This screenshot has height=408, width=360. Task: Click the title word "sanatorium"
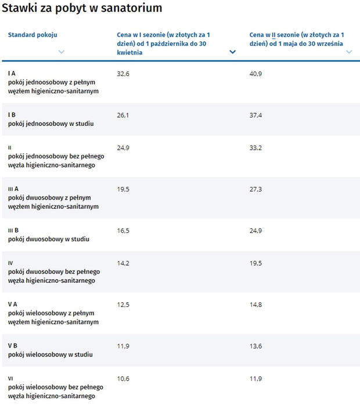pos(131,8)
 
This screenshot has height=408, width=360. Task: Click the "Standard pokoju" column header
pos(33,35)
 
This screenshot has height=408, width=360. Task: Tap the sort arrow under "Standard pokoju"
pos(62,52)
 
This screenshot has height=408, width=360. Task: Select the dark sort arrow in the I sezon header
pos(233,52)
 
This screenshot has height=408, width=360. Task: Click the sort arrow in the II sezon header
pos(349,52)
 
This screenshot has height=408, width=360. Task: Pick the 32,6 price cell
pos(123,74)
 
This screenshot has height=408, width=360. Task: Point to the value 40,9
pos(255,74)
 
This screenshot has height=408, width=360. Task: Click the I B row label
pos(12,115)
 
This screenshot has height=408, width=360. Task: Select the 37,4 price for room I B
pos(255,115)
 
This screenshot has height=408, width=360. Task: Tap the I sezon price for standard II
pos(123,148)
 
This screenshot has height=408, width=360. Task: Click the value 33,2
pos(255,148)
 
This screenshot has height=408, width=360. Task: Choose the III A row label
pos(13,189)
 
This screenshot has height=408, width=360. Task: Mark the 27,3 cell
pos(255,189)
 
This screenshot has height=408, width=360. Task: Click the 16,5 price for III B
pos(123,230)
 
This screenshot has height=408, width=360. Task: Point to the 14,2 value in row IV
pos(123,263)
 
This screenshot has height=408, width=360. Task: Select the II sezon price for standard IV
pos(255,263)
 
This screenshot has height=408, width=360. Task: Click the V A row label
pos(13,304)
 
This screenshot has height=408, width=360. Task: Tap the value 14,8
pos(255,305)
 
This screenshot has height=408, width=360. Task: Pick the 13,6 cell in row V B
pos(255,346)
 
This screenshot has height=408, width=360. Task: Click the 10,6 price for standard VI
pos(123,378)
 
